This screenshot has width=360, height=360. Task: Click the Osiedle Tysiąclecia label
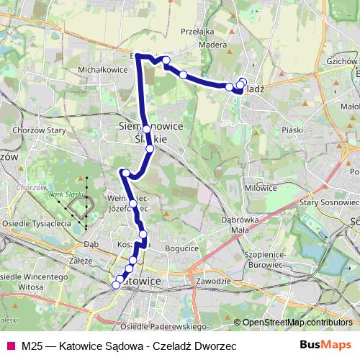(x=36, y=222)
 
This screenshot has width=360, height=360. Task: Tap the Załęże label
(x=77, y=261)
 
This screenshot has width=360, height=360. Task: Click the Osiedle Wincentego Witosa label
(x=30, y=282)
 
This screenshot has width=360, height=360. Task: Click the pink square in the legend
(x=11, y=346)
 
